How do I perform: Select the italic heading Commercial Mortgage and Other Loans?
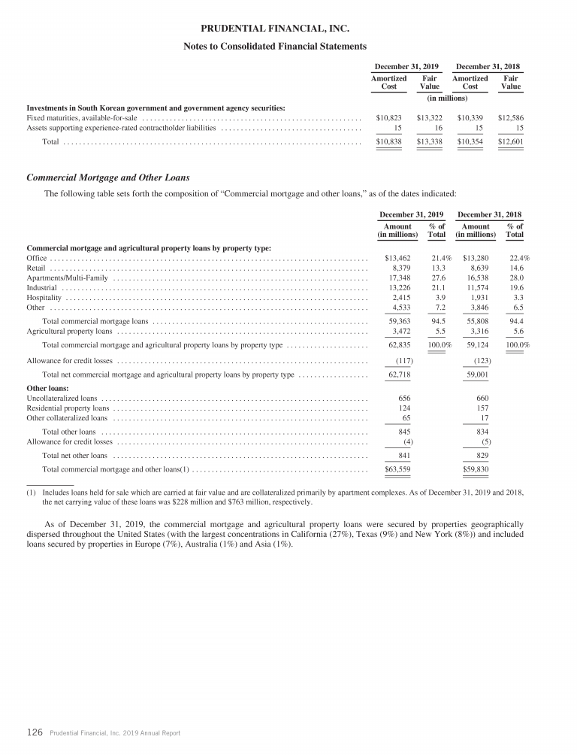(x=108, y=178)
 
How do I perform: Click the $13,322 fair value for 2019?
(x=430, y=117)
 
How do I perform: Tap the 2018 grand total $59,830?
(x=475, y=469)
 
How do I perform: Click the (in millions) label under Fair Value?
(x=447, y=98)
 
